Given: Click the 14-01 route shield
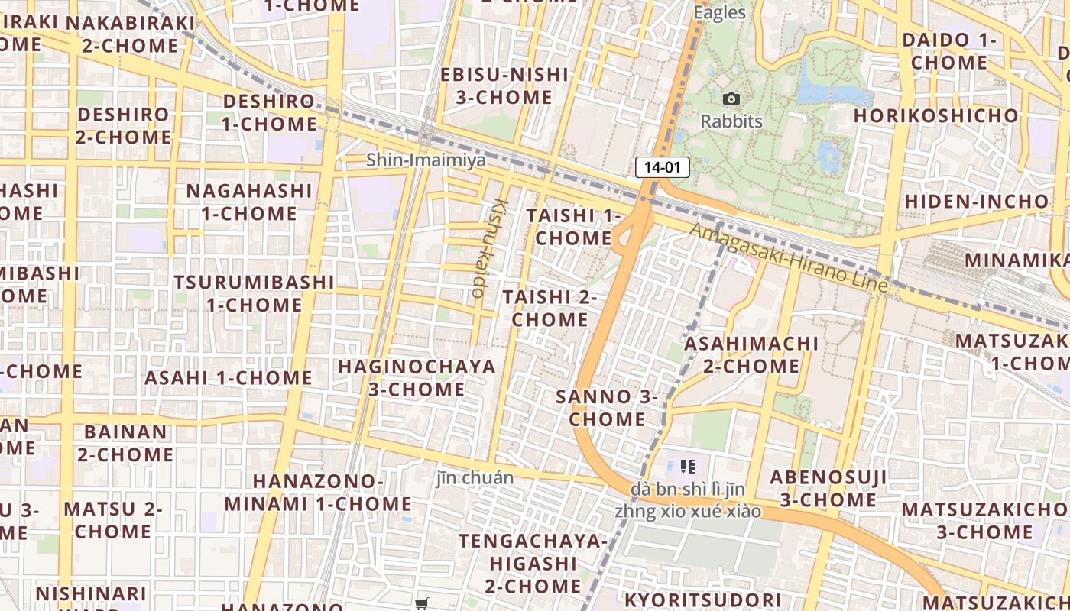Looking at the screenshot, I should coord(663,167).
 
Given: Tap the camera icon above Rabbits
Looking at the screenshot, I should coord(731,99).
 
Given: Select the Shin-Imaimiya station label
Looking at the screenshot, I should coord(426,160).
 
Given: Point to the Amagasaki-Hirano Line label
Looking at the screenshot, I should coord(789,257).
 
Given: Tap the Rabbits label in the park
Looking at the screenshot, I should coord(731,121).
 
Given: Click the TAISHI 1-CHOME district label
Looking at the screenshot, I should coord(572,227).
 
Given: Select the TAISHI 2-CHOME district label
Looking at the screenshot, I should coord(550,308).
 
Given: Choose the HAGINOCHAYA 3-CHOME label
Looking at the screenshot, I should coord(417,377).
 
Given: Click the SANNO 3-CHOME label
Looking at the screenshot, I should coord(607,408).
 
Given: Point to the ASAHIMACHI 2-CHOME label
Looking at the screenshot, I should coord(751,354).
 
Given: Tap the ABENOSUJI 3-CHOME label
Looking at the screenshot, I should coord(828,489).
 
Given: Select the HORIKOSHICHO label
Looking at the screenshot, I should coord(935,115).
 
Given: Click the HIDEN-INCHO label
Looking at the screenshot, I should coord(977,201).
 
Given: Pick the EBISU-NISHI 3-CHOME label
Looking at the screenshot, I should coord(504,86).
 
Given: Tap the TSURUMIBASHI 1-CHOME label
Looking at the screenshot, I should coord(254,293).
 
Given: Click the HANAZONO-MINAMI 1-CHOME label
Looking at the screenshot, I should coord(318,493).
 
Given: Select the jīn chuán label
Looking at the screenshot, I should coord(475,478).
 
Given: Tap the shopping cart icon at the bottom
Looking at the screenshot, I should coord(422,603).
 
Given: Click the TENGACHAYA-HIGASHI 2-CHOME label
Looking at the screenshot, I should coord(533,564).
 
